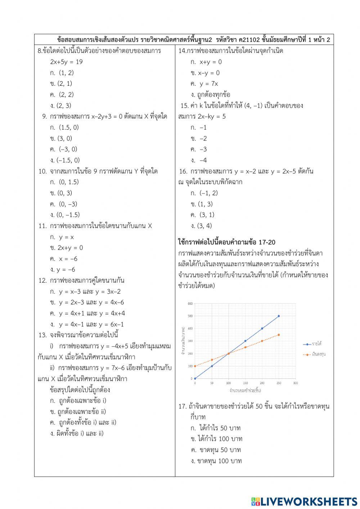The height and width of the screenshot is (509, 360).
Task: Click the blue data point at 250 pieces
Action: pyautogui.click(x=279, y=316)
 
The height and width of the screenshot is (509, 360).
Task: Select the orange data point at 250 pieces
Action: pyautogui.click(x=279, y=335)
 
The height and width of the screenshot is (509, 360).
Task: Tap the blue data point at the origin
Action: pyautogui.click(x=195, y=379)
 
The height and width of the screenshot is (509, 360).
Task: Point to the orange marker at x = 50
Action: pyautogui.click(x=212, y=360)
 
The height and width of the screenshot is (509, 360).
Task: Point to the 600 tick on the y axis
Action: pyautogui.click(x=190, y=303)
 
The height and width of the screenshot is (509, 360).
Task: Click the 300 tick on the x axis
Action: pyautogui.click(x=295, y=383)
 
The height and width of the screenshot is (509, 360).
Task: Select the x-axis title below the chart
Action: pyautogui.click(x=245, y=390)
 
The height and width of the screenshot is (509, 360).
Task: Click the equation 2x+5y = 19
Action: pyautogui.click(x=66, y=62)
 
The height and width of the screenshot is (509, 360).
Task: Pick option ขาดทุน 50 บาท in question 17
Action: pyautogui.click(x=216, y=450)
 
